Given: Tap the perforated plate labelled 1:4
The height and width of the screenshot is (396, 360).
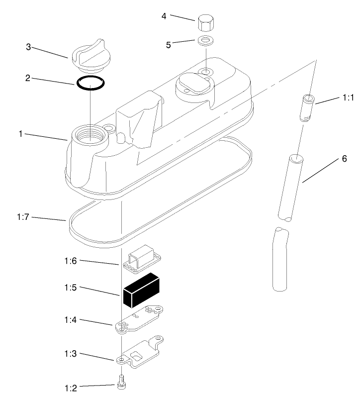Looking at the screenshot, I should pos(141,319).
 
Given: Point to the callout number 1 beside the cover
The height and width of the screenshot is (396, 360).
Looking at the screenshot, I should pos(21,134).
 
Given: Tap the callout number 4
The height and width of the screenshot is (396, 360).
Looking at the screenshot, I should pos(164,15).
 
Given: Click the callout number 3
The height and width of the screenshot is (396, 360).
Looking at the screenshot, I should pos(29,47).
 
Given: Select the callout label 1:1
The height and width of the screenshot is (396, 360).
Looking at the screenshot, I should pos(348,98).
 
